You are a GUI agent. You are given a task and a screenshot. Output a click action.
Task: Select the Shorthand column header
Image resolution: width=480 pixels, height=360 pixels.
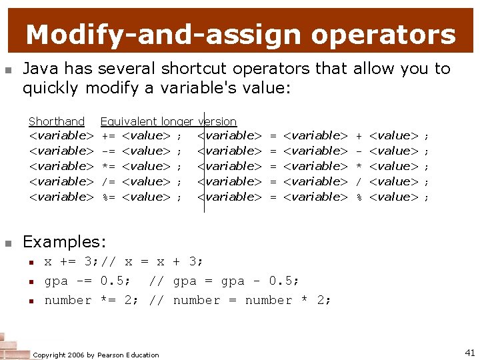pyautogui.click(x=57, y=121)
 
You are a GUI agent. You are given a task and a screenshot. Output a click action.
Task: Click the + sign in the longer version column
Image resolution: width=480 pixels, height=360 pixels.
pyautogui.click(x=359, y=136)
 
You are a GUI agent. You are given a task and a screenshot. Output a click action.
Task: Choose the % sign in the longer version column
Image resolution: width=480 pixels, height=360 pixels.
pyautogui.click(x=359, y=197)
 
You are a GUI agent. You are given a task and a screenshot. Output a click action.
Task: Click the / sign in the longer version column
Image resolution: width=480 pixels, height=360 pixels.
pyautogui.click(x=359, y=181)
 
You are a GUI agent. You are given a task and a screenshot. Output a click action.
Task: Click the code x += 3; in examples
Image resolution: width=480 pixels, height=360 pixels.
pyautogui.click(x=71, y=262)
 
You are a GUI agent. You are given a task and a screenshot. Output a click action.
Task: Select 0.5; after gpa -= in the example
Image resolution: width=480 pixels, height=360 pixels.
pyautogui.click(x=115, y=281)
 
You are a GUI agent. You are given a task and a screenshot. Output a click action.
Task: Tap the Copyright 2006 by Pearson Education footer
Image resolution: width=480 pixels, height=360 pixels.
pyautogui.click(x=96, y=355)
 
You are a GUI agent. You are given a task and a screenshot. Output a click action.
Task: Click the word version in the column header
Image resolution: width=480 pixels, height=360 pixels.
pyautogui.click(x=217, y=121)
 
